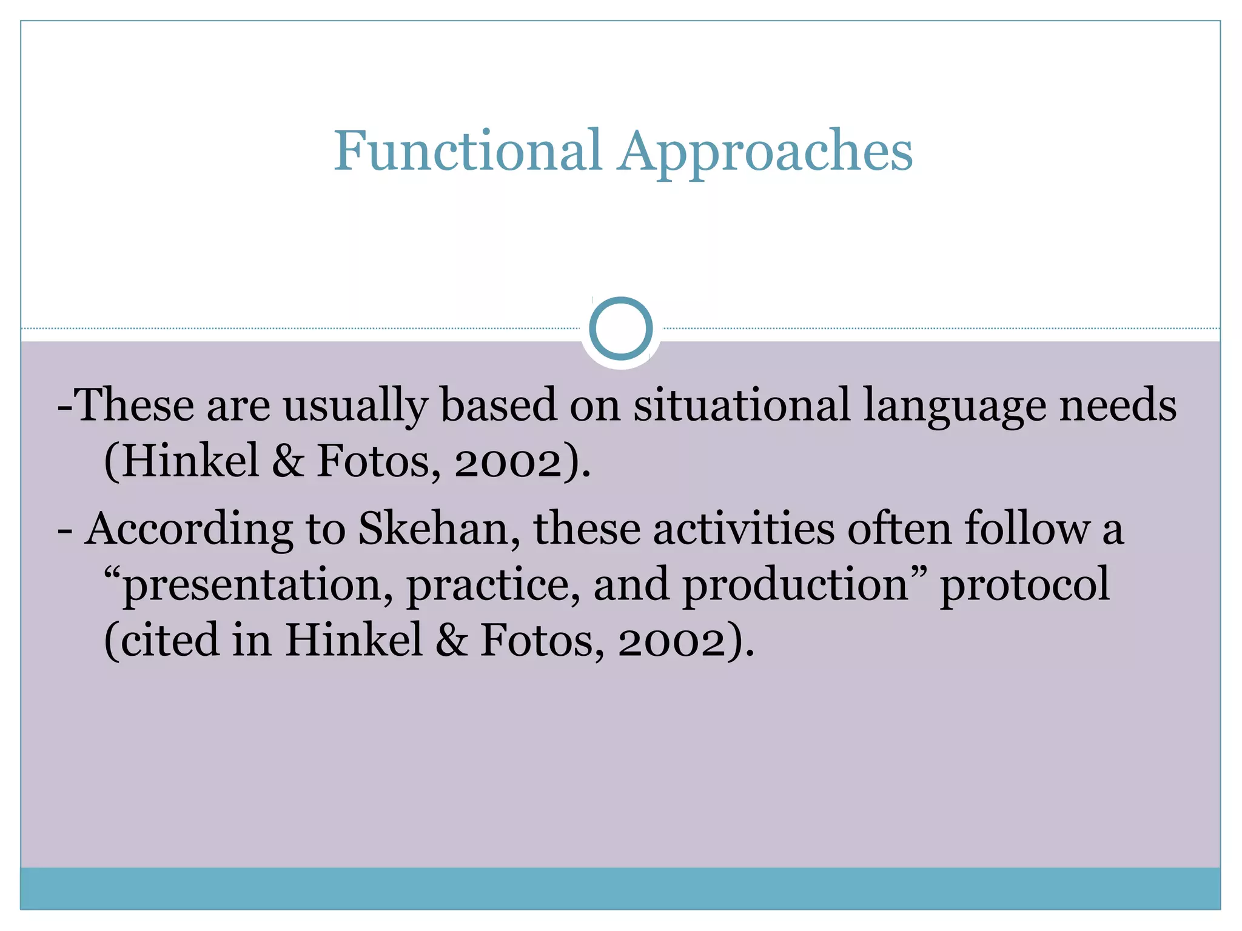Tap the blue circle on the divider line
pos(620,329)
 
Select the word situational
pos(742,405)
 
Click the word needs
pos(1118,405)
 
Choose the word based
pos(498,404)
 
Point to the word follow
pos(1027,529)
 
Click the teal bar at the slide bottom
pos(620,889)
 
